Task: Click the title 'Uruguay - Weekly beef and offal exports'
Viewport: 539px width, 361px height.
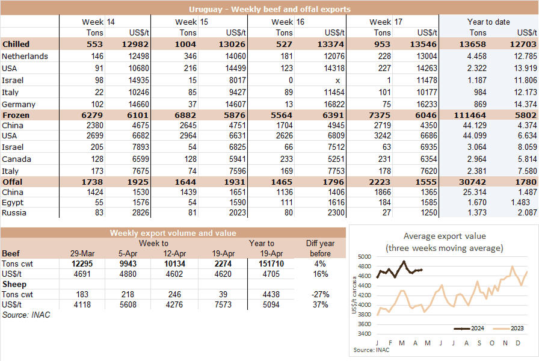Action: click(269, 10)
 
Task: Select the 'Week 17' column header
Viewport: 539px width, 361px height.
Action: click(390, 22)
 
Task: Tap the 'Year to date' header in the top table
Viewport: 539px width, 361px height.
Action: click(488, 22)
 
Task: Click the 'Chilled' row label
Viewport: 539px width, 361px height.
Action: click(16, 45)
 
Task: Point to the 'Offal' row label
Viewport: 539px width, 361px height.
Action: click(13, 182)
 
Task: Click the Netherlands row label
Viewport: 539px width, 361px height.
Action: click(25, 57)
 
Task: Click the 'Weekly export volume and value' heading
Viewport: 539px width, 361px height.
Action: click(173, 233)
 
